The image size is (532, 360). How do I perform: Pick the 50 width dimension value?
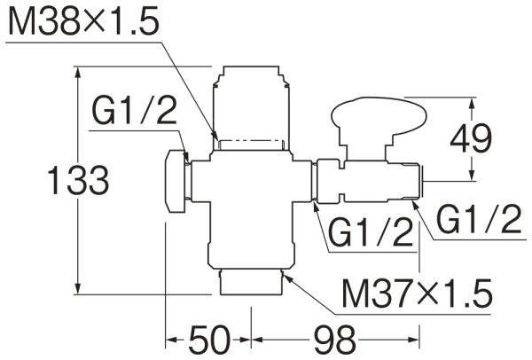tap(209, 339)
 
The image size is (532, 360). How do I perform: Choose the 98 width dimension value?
tap(334, 339)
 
